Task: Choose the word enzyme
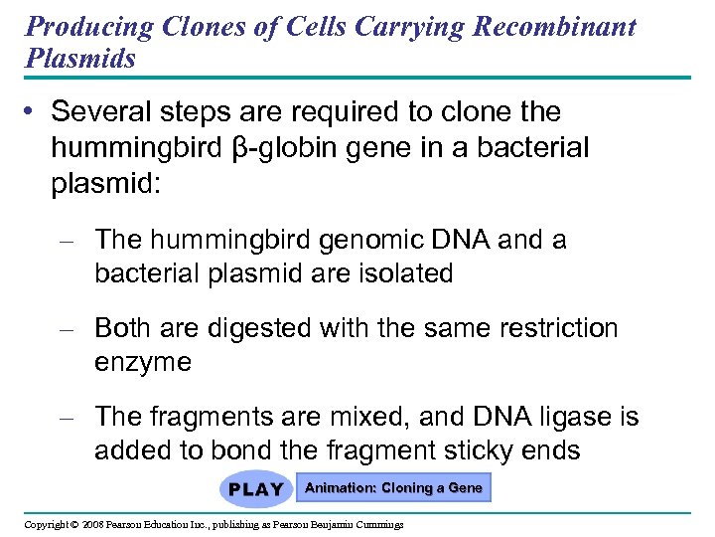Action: coord(142,363)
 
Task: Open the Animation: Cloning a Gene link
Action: coord(393,488)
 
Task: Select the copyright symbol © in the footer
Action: coord(74,524)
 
